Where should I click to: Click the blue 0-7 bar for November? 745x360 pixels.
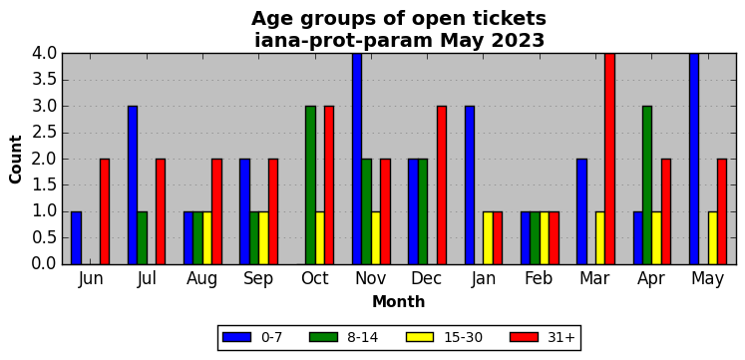[357, 159]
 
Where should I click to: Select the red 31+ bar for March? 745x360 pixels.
[609, 159]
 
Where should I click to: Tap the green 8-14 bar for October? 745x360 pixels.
[310, 185]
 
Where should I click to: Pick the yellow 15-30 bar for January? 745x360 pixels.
[488, 238]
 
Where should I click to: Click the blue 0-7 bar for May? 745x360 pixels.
[694, 159]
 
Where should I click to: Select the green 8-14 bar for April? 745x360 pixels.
[647, 185]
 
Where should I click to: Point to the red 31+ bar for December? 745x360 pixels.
[442, 185]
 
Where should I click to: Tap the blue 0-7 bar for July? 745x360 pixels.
[133, 185]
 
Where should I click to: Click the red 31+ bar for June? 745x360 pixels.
[105, 211]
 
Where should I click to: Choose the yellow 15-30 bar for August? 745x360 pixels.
[207, 238]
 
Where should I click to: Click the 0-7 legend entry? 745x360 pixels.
[252, 337]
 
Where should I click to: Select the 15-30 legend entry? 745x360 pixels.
[444, 337]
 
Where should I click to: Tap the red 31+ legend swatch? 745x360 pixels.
[524, 337]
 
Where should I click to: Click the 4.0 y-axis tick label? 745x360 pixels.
[44, 53]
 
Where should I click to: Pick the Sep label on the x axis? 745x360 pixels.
[258, 279]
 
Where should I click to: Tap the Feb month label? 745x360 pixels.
[539, 279]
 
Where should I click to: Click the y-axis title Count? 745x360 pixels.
[16, 160]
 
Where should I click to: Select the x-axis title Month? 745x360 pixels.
[398, 301]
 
